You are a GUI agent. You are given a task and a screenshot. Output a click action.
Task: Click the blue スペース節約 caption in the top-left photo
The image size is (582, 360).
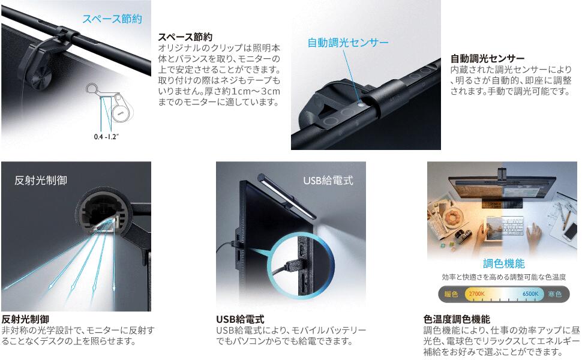pos(112,19)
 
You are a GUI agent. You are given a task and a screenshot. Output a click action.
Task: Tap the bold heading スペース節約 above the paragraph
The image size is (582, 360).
pos(185,37)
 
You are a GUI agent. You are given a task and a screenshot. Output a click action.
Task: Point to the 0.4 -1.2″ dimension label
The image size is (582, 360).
pos(107,137)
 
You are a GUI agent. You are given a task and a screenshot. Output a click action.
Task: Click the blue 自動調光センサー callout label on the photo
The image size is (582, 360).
pos(348,43)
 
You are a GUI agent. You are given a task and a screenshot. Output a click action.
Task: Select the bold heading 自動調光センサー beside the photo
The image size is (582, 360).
pos(488,58)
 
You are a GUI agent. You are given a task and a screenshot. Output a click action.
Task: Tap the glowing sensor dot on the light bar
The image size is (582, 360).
pos(358,103)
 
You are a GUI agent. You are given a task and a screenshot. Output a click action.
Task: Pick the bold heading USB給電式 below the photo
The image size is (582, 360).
pos(240,319)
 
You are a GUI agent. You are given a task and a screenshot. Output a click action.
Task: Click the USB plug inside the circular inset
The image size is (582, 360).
pos(293,267)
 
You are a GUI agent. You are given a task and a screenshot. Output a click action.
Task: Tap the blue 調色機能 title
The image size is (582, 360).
pos(503,263)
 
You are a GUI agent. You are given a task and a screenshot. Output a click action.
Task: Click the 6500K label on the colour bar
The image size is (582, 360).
pos(530,294)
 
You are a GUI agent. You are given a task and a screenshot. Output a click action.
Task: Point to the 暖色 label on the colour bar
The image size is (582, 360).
pos(451,294)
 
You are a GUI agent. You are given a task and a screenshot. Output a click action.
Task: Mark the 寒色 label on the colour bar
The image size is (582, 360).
pos(554,294)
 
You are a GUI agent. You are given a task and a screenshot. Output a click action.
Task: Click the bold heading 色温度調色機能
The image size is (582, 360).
pos(457,319)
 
